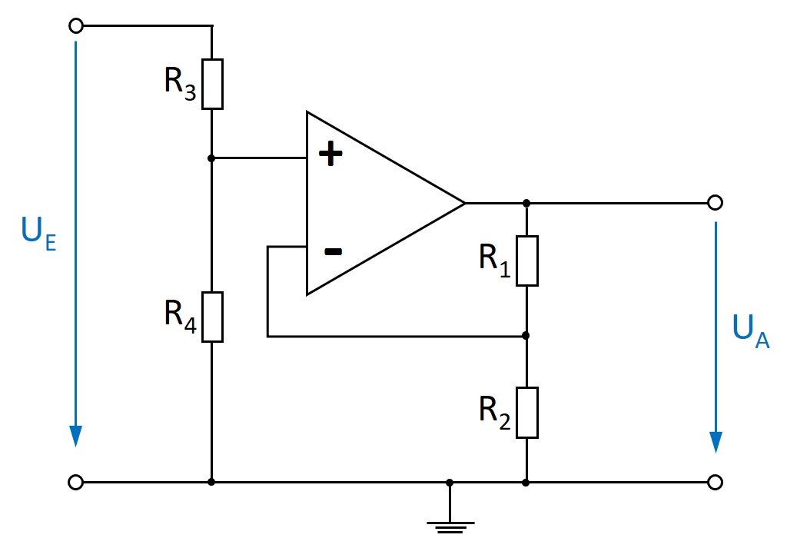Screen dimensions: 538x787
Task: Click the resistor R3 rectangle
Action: coord(211,84)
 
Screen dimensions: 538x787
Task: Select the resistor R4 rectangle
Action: coord(211,317)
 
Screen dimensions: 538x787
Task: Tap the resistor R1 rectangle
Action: coord(526,261)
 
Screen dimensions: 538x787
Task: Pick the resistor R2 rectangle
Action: coord(526,413)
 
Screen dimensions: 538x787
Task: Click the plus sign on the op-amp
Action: coord(331,155)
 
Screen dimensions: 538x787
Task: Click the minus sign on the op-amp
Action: coord(332,251)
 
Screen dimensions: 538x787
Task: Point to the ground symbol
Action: coord(450,526)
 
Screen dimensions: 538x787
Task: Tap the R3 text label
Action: coord(180,83)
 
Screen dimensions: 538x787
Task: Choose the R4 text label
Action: coord(180,315)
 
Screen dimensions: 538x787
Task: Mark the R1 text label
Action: coord(495,261)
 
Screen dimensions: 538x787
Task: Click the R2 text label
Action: coord(495,412)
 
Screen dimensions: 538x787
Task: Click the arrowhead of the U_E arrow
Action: coord(75,435)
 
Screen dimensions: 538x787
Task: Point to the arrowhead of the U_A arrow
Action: coord(716,441)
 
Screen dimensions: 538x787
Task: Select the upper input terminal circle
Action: coord(75,26)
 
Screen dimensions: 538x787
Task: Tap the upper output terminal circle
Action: coord(715,203)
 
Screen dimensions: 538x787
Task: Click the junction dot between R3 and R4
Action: coord(211,158)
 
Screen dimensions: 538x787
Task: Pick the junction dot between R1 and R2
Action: coord(526,336)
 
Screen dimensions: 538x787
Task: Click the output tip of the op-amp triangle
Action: coord(464,203)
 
